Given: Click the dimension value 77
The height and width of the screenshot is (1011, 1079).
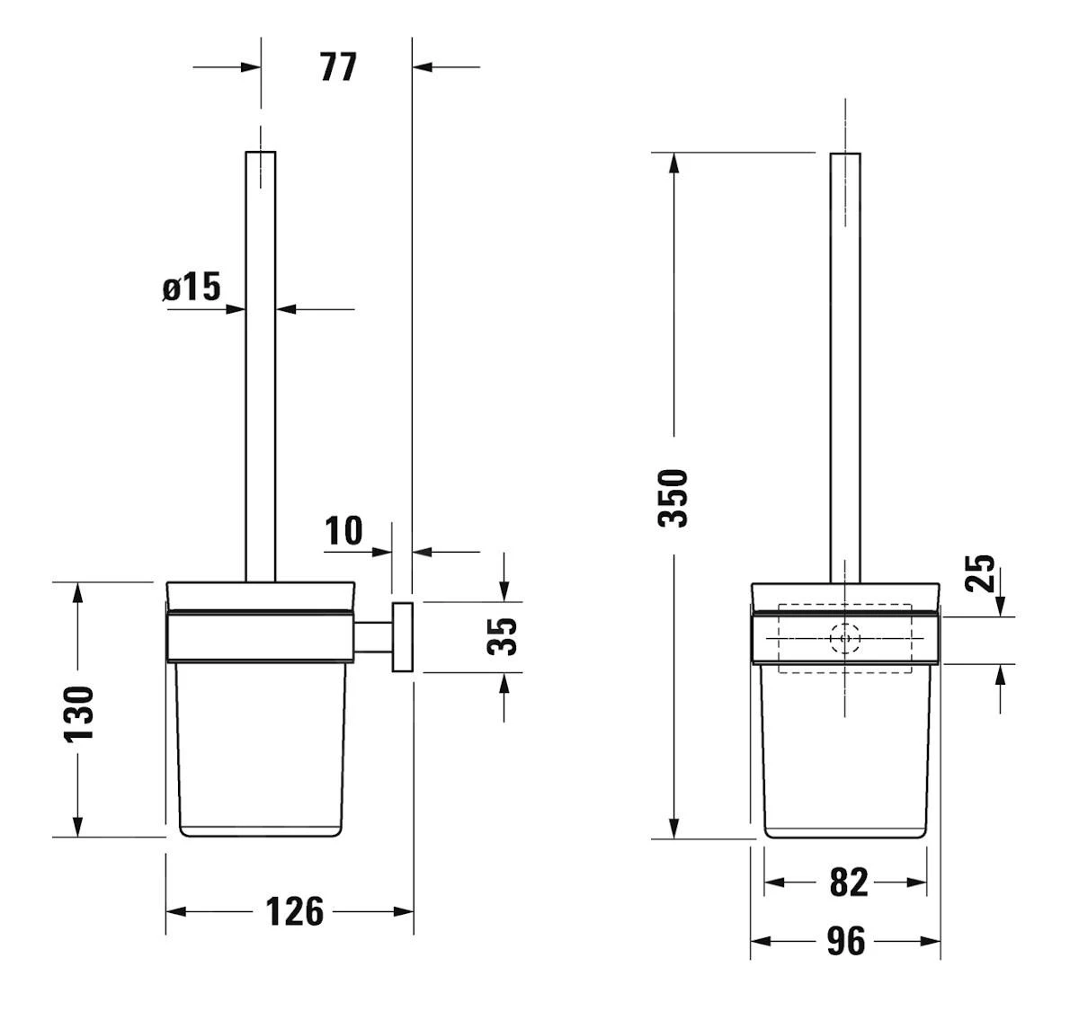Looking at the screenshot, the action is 338,67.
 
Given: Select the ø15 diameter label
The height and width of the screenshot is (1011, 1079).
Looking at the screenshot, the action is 192,287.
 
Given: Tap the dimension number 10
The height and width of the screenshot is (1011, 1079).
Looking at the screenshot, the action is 343,531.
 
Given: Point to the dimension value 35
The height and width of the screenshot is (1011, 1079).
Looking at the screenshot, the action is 502,636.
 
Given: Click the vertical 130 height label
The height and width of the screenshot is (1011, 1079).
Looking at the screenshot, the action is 79,714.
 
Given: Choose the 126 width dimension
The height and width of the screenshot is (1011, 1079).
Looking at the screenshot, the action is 294,911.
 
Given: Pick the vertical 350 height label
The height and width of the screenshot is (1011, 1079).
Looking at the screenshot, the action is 673,498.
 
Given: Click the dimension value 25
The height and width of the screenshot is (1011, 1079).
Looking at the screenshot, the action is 979,573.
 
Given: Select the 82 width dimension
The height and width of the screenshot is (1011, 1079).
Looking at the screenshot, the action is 849,882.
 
